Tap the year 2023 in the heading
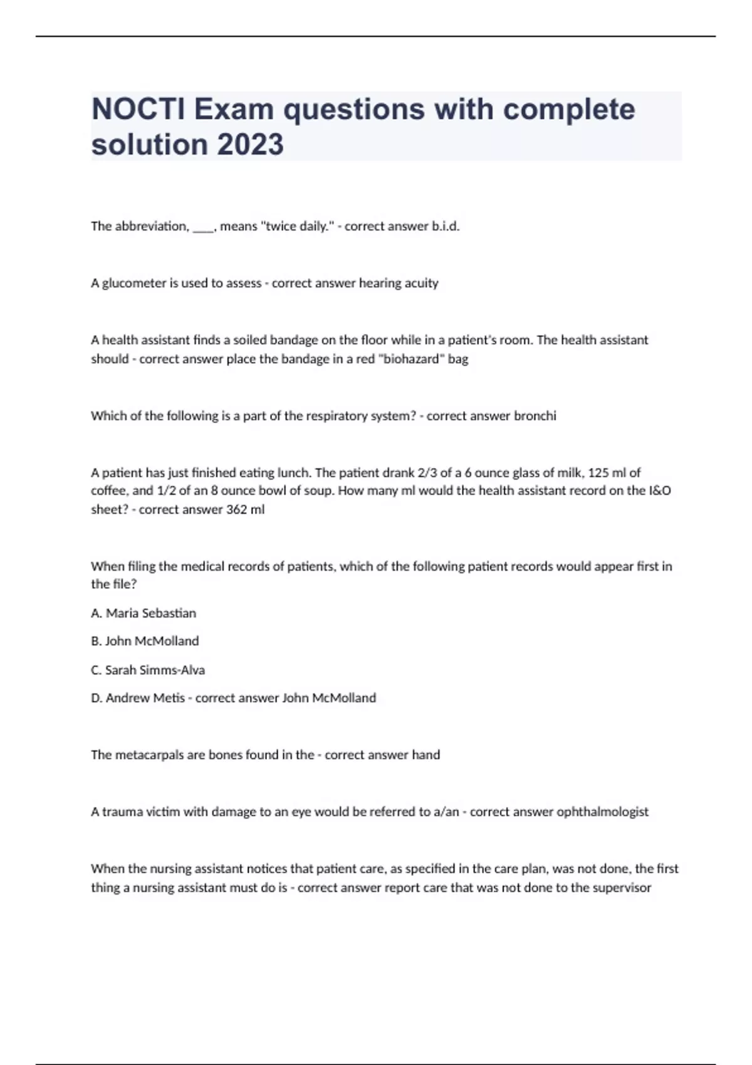point(250,144)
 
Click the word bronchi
point(535,416)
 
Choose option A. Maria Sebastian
point(144,613)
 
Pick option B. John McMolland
point(145,641)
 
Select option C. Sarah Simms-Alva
point(148,670)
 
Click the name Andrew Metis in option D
point(145,698)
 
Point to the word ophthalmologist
point(602,812)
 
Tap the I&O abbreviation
point(660,491)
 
